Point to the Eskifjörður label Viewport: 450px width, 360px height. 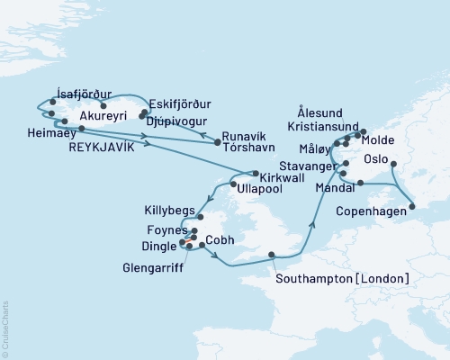[175, 103]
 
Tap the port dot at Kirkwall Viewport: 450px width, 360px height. [256, 173]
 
